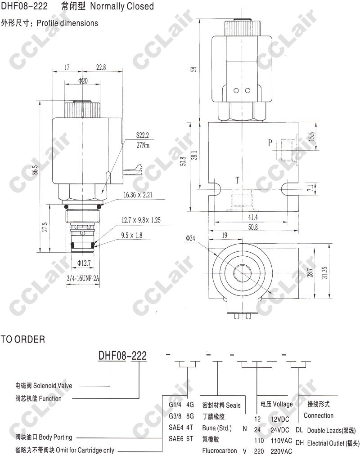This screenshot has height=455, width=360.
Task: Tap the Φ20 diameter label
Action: (x=83, y=80)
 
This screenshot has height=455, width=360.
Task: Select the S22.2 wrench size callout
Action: (x=143, y=135)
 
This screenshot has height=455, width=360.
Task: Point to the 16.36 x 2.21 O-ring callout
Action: (x=138, y=195)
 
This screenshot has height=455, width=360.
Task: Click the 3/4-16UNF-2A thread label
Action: (x=83, y=279)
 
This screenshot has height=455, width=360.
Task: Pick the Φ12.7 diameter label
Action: (x=84, y=263)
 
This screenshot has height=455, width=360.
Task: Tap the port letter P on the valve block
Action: (x=270, y=143)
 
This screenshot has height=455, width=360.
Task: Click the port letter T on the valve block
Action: (x=237, y=180)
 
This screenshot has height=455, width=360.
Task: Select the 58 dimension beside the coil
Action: (x=193, y=69)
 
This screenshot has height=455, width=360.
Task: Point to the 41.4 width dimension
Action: (x=253, y=217)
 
